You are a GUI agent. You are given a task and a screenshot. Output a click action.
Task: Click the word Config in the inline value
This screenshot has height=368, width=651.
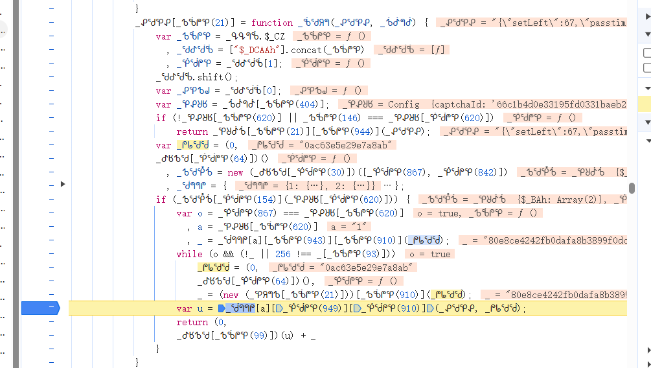pyautogui.click(x=404, y=104)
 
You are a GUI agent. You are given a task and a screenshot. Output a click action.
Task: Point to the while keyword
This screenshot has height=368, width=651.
pyautogui.click(x=189, y=254)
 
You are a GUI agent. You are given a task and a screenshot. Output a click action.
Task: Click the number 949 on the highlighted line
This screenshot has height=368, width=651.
pyautogui.click(x=330, y=308)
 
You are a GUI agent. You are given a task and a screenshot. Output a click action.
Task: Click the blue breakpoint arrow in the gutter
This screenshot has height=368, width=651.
pyautogui.click(x=40, y=308)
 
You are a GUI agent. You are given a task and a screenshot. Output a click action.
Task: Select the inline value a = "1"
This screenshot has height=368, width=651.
pyautogui.click(x=349, y=227)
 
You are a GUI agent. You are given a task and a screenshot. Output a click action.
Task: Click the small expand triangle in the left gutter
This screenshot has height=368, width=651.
pyautogui.click(x=63, y=184)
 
